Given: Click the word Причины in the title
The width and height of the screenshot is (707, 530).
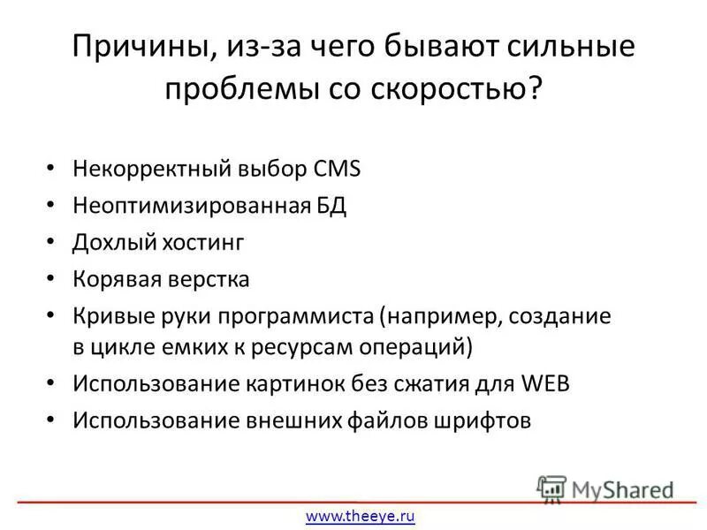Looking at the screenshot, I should [137, 47].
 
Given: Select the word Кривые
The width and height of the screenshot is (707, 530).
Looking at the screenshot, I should [110, 316].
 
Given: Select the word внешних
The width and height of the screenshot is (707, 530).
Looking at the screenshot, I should [293, 420].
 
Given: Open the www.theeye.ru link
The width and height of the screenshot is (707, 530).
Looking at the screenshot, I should [360, 516].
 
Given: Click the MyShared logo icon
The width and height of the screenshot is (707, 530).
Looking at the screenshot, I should [551, 488].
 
